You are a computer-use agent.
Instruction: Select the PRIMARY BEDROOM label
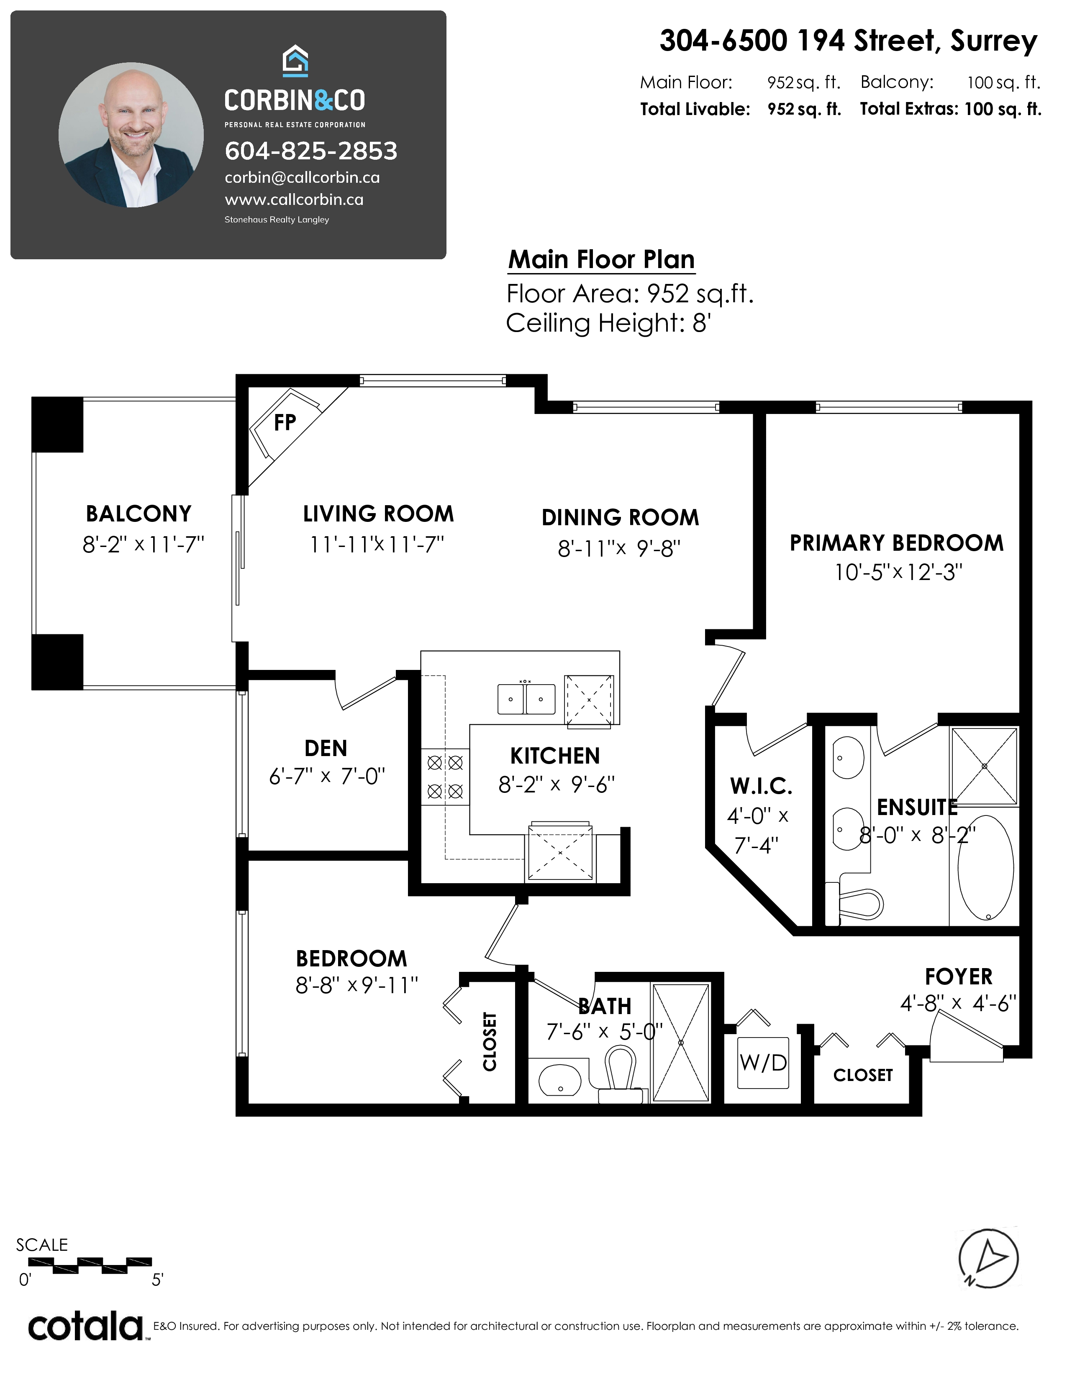[896, 543]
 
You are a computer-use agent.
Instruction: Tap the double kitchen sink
[526, 698]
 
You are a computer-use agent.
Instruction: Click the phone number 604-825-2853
[311, 151]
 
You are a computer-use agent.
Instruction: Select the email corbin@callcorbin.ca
[302, 178]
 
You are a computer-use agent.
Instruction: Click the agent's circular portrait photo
[131, 135]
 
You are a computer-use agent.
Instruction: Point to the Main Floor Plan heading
[601, 260]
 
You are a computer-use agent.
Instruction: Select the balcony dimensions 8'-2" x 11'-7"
[144, 544]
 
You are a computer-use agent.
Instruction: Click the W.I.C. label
[761, 786]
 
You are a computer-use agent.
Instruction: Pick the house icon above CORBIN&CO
[295, 61]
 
